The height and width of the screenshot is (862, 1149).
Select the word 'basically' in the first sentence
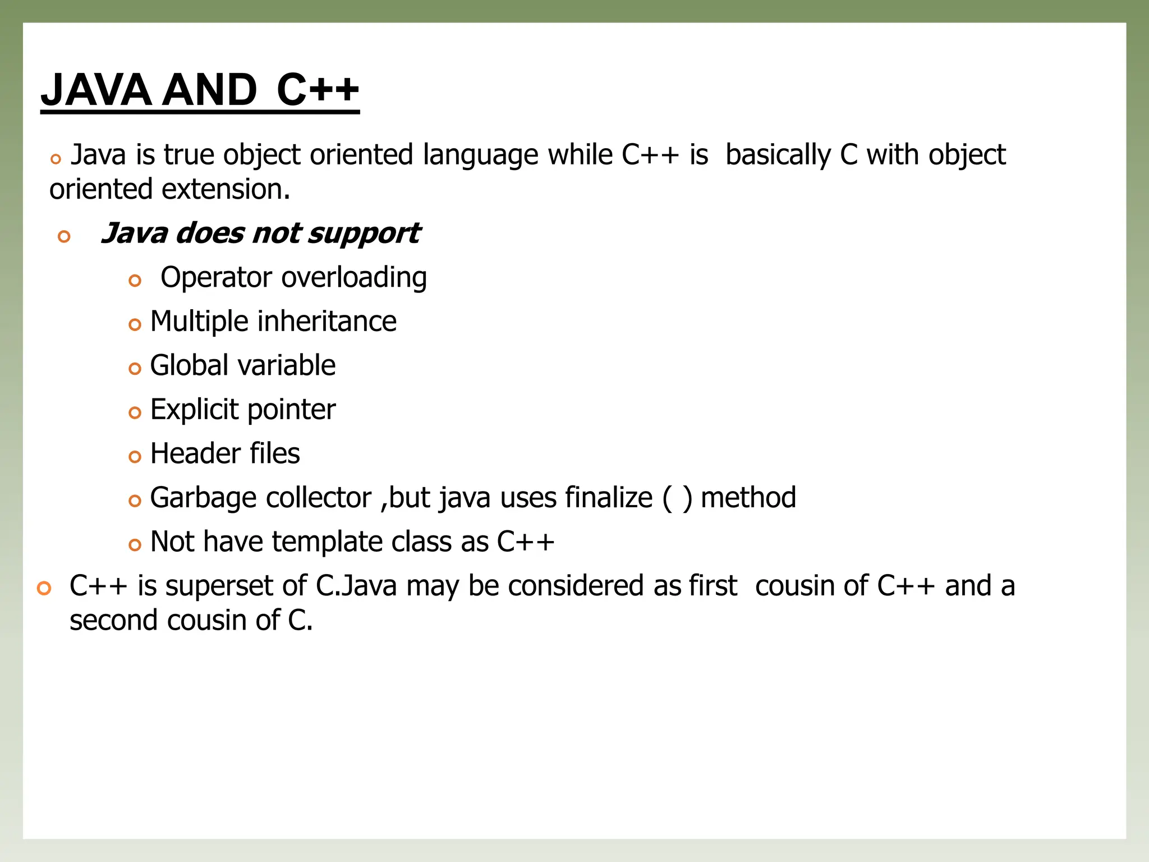pos(778,155)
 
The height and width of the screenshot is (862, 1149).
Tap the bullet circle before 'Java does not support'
pos(65,236)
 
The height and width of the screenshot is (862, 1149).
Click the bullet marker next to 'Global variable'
pos(135,369)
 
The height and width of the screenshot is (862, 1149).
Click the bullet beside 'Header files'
pos(135,457)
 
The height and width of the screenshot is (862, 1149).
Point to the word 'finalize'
pos(609,498)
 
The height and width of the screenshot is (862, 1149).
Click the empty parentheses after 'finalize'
pos(678,498)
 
